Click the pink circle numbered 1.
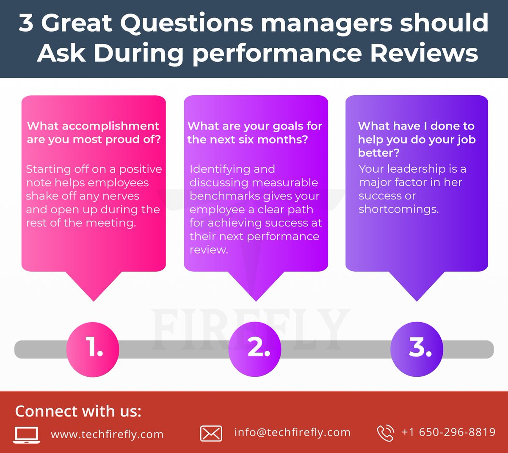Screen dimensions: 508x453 [93, 349]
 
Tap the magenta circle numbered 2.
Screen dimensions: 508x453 [255, 349]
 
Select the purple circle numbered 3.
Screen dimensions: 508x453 [417, 349]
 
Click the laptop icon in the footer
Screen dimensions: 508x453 [27, 435]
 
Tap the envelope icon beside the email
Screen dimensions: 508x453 [211, 434]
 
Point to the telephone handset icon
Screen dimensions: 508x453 [385, 433]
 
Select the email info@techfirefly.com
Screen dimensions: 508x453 [293, 432]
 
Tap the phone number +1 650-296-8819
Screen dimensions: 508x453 [449, 432]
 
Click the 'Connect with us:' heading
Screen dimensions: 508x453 [78, 412]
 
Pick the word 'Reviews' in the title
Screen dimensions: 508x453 [424, 53]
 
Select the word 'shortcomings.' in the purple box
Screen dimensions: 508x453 [399, 210]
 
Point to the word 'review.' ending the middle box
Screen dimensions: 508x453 [209, 250]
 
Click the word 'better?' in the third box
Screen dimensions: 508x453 [378, 153]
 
